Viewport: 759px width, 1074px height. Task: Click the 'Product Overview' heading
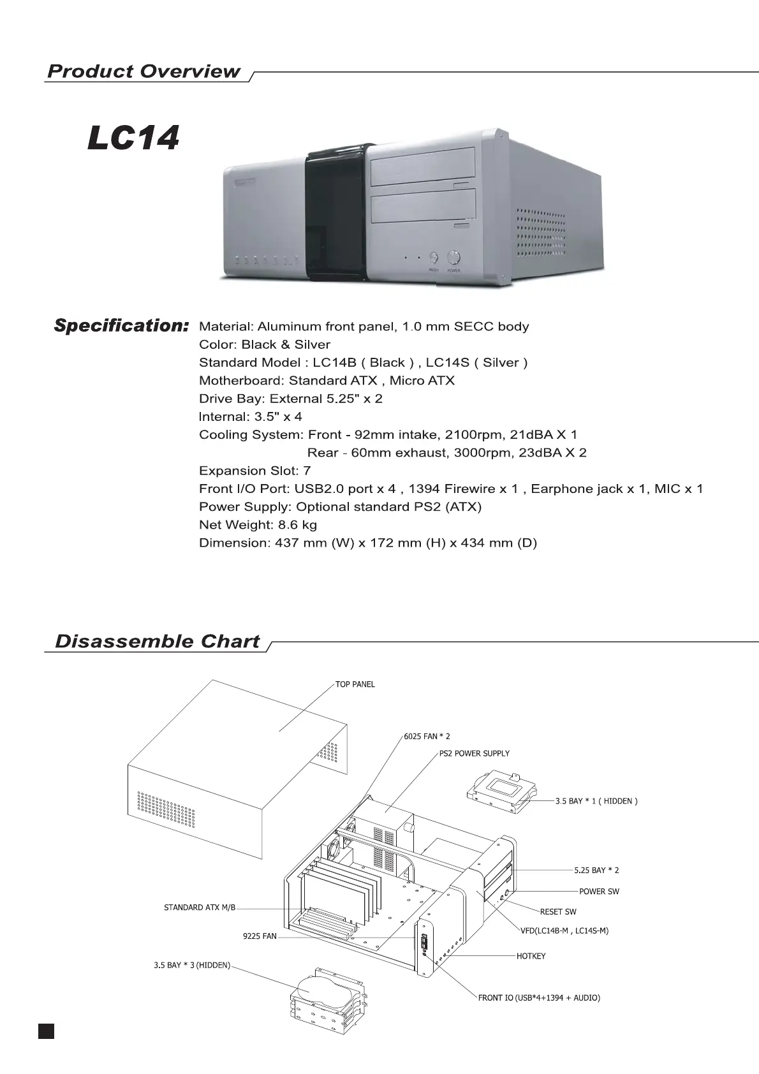[x=144, y=71]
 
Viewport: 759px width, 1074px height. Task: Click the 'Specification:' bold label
[x=121, y=326]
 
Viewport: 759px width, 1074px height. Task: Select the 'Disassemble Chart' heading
[x=158, y=641]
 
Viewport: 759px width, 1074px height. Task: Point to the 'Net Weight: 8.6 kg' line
[x=258, y=525]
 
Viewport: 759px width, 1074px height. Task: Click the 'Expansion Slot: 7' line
[x=254, y=471]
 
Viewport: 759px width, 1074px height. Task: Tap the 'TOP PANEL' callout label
[x=355, y=684]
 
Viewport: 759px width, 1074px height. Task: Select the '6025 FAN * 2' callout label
[x=427, y=736]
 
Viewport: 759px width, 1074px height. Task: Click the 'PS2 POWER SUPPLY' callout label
[x=475, y=753]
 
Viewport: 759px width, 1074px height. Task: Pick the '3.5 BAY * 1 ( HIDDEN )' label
[x=596, y=801]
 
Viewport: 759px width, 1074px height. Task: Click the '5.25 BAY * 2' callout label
[x=596, y=870]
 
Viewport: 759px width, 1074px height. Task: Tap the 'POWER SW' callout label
[x=599, y=891]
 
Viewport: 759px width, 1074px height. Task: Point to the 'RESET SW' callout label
[x=558, y=911]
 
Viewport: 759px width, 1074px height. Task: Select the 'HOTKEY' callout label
[x=531, y=956]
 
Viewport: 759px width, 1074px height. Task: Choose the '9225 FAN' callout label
[x=260, y=936]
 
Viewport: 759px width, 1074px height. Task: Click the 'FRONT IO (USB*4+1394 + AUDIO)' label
[x=539, y=997]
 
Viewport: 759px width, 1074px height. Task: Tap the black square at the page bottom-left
[x=46, y=1031]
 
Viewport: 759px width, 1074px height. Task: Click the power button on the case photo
[x=453, y=258]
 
